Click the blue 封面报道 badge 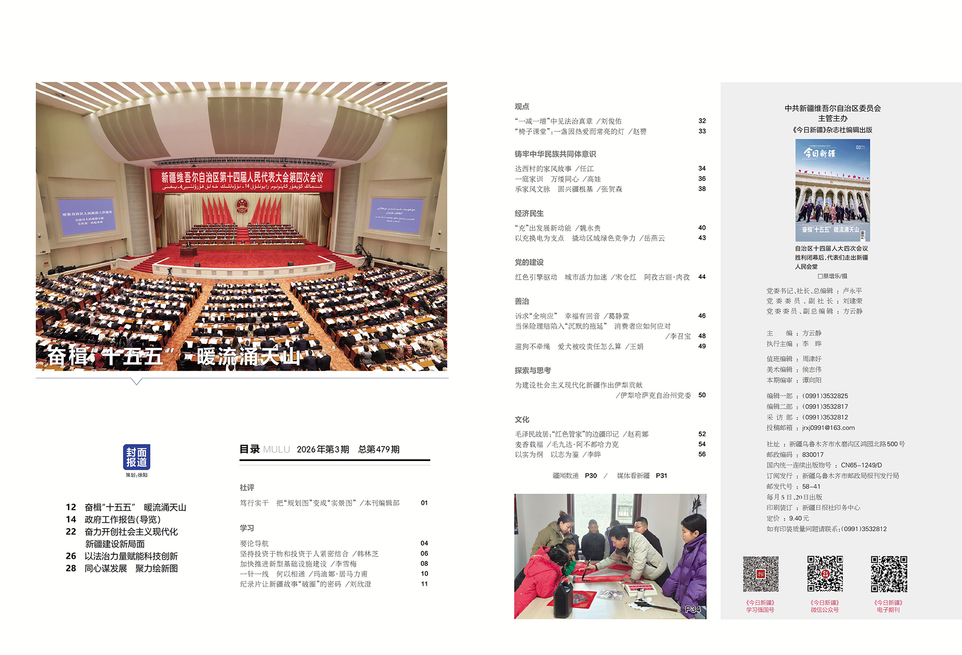point(136,457)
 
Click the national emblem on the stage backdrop point(242,205)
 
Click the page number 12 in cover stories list point(71,507)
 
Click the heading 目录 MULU point(265,449)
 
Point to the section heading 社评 point(247,487)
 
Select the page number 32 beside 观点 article point(702,121)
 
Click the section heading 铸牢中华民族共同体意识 point(555,154)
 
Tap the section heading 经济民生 point(529,213)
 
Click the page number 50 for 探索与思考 point(702,395)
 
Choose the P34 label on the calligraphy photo point(692,609)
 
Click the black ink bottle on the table point(564,599)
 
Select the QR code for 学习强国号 point(761,574)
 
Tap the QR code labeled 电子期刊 point(889,574)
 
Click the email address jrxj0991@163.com point(828,427)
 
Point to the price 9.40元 point(799,518)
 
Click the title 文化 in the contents point(522,419)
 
